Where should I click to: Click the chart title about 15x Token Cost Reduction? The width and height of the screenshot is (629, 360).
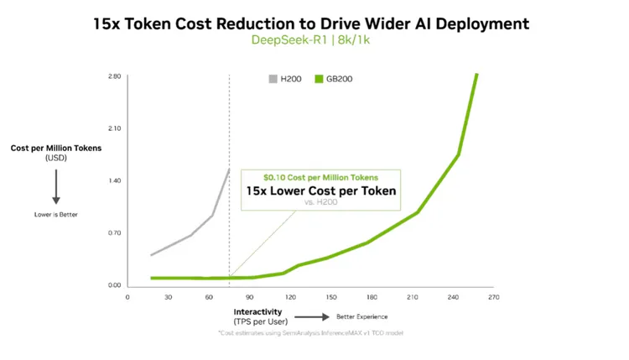click(x=311, y=23)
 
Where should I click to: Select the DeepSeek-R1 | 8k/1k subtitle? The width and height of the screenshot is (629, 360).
click(x=311, y=40)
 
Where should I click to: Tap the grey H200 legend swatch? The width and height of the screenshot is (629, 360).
click(x=273, y=79)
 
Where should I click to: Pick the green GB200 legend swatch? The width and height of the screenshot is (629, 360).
click(x=319, y=79)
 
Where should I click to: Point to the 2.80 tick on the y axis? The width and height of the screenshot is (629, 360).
click(x=114, y=76)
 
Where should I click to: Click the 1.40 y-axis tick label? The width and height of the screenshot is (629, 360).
click(x=114, y=180)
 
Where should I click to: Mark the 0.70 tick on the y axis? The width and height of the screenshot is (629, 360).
click(x=114, y=232)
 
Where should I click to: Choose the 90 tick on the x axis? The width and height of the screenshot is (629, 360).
click(x=249, y=297)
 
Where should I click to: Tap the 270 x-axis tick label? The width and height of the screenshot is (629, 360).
click(x=493, y=297)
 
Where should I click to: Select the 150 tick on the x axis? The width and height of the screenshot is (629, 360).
click(x=330, y=297)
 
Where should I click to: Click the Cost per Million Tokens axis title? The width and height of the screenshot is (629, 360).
click(x=55, y=149)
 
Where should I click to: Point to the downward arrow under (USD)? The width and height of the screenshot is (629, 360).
click(x=56, y=186)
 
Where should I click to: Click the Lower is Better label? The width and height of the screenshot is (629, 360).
click(x=56, y=215)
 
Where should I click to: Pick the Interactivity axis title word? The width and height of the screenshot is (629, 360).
click(x=257, y=310)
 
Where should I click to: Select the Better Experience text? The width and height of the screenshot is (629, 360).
click(x=362, y=316)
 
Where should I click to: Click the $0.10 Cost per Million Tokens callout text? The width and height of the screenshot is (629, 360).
click(x=320, y=177)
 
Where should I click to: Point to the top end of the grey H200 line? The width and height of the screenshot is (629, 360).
click(x=229, y=170)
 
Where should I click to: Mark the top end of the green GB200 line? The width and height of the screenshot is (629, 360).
click(x=477, y=74)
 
